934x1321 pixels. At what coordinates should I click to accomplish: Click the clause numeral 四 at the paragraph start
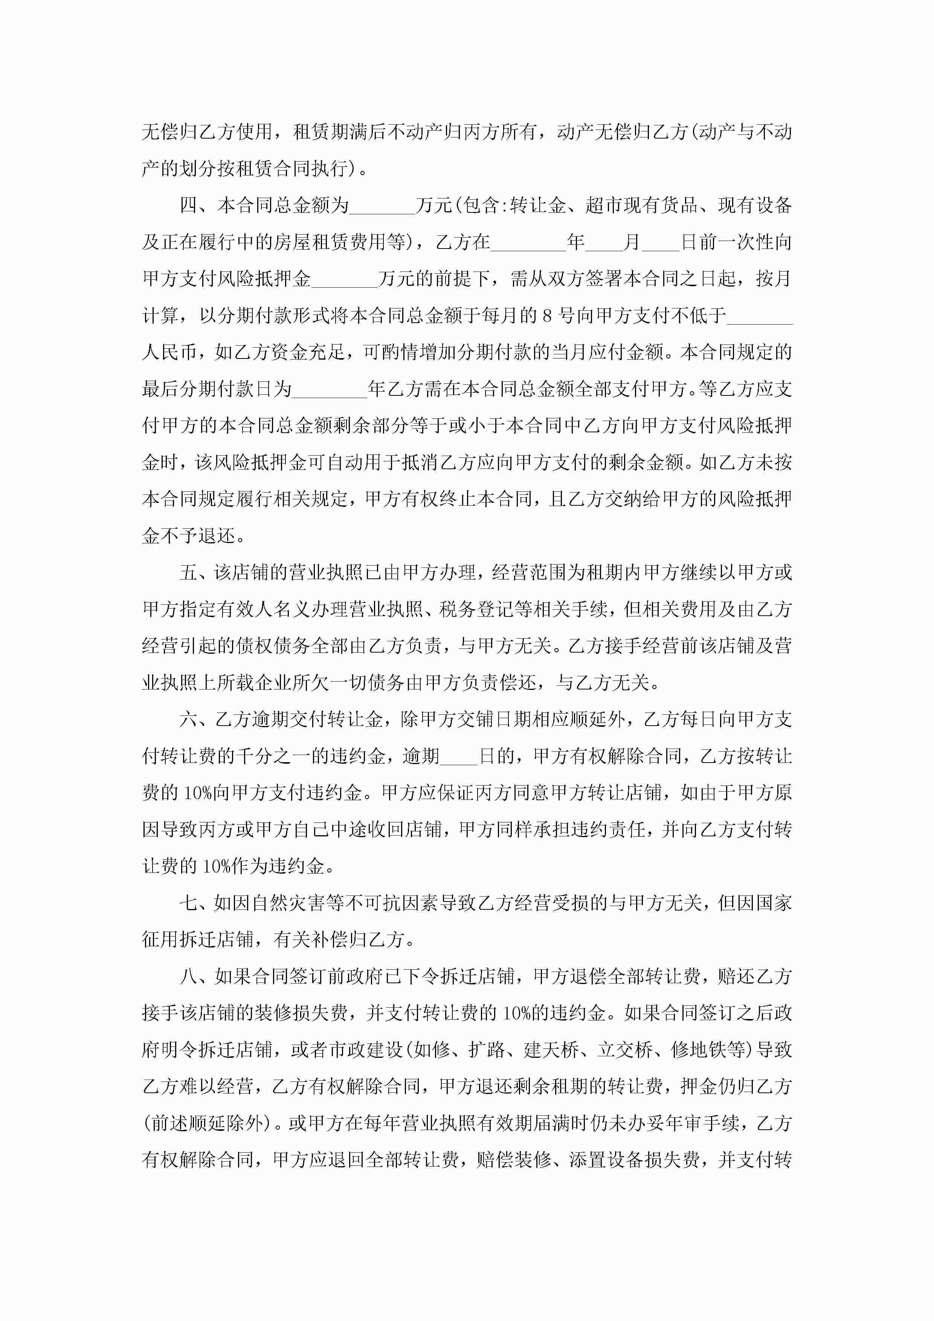tap(188, 205)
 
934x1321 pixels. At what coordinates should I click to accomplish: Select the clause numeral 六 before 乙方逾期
tap(188, 719)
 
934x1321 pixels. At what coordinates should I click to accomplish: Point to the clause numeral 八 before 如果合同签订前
tap(188, 976)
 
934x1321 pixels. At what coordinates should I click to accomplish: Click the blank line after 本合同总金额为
tap(382, 207)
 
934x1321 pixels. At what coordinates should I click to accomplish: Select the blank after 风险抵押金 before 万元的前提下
tap(344, 281)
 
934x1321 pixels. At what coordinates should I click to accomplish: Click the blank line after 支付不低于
tap(760, 317)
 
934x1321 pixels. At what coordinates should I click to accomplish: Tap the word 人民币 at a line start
tap(170, 353)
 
